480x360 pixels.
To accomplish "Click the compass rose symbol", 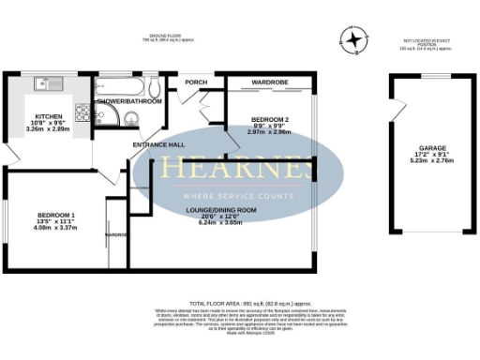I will click(x=354, y=41).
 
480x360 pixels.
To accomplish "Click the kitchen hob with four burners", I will click(x=82, y=115).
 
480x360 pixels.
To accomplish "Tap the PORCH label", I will click(x=196, y=82).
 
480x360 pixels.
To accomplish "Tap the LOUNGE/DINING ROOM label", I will click(x=219, y=211).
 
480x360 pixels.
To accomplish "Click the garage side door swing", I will click(x=398, y=109).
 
